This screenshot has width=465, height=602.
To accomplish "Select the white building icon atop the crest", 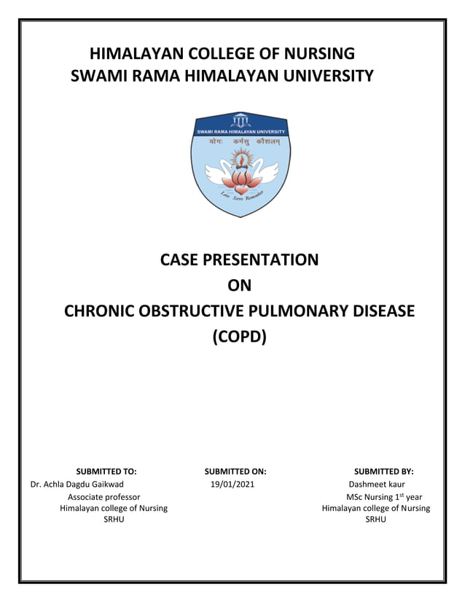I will [240, 120].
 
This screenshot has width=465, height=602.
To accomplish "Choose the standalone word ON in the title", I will [240, 286].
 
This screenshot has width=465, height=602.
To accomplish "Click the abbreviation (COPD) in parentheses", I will [240, 337].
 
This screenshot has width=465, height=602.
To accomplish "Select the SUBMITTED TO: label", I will [106, 471].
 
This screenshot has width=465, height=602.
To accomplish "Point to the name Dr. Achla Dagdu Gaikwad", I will [77, 484].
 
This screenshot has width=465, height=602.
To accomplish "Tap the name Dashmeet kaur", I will [377, 484].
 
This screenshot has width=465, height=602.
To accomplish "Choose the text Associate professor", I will [99, 496].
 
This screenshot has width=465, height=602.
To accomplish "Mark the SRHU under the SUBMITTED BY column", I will [375, 519].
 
